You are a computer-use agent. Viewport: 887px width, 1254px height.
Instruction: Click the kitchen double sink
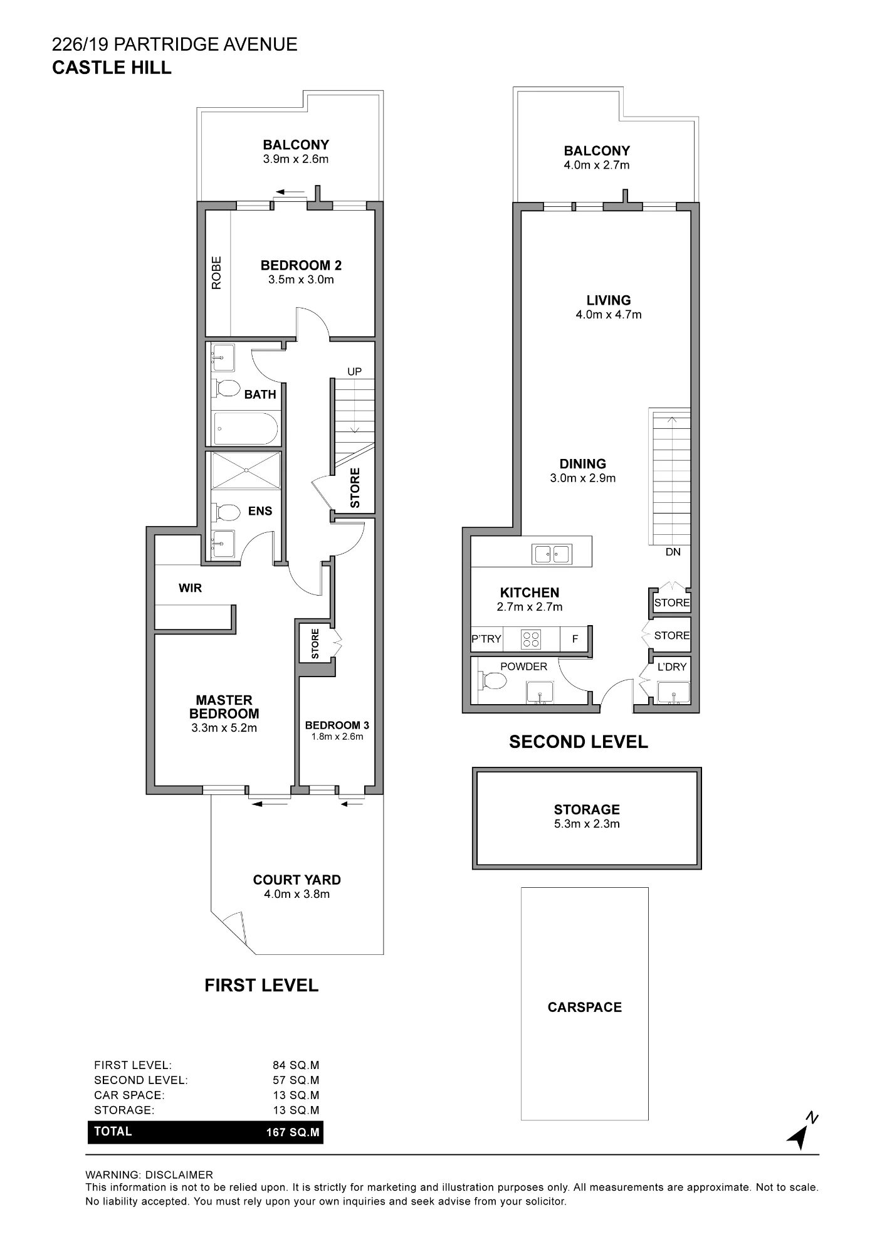pyautogui.click(x=552, y=554)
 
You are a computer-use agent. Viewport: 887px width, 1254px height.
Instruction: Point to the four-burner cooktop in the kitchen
pyautogui.click(x=532, y=639)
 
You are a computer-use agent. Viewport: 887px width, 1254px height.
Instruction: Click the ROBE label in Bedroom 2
pyautogui.click(x=217, y=273)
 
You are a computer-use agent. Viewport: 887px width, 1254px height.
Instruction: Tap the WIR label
pyautogui.click(x=191, y=588)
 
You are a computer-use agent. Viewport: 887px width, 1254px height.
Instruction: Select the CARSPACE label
pyautogui.click(x=585, y=1007)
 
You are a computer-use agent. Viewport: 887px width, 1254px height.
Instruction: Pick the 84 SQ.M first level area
pyautogui.click(x=296, y=1065)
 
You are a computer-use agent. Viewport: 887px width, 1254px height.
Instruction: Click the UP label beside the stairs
pyautogui.click(x=355, y=371)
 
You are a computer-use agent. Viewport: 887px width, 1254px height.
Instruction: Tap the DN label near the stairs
pyautogui.click(x=673, y=552)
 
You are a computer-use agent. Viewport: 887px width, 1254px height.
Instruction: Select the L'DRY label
pyautogui.click(x=672, y=667)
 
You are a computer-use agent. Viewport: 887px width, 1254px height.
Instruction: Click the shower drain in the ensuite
pyautogui.click(x=246, y=470)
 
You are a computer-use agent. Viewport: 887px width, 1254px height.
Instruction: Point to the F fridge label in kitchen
pyautogui.click(x=575, y=639)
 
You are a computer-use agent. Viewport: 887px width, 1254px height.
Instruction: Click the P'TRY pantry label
pyautogui.click(x=486, y=639)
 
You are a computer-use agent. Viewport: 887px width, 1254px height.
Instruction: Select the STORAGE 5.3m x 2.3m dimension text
pyautogui.click(x=587, y=824)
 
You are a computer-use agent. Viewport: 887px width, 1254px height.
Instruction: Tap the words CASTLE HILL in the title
pyautogui.click(x=112, y=68)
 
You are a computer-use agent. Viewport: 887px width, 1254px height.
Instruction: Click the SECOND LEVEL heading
pyautogui.click(x=579, y=742)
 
